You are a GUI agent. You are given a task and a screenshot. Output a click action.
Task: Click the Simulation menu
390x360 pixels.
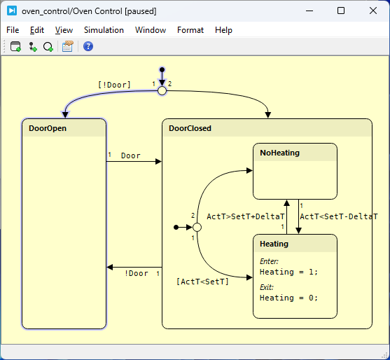(x=104, y=30)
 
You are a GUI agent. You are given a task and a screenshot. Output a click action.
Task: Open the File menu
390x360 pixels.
(x=13, y=30)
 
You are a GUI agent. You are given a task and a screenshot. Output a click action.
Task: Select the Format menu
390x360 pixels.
(x=190, y=30)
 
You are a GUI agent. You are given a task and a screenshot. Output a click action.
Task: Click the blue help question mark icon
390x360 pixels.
(x=88, y=46)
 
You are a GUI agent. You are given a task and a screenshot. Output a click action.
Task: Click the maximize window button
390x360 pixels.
(x=341, y=11)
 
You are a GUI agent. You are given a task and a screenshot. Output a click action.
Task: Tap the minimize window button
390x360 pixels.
(x=309, y=11)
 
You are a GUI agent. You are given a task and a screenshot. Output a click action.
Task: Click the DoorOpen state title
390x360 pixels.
(x=48, y=128)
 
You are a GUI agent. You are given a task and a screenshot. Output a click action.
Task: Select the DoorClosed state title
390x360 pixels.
(x=190, y=128)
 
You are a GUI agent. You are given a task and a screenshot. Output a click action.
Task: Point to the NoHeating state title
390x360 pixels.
(x=279, y=153)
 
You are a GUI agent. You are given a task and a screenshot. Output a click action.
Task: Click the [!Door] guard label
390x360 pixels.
(x=114, y=85)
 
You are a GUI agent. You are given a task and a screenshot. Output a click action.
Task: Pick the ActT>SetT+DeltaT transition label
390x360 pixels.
(x=246, y=216)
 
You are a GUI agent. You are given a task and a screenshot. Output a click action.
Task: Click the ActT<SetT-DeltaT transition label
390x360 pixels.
(x=339, y=216)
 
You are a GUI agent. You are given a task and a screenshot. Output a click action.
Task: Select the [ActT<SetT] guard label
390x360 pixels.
(x=202, y=282)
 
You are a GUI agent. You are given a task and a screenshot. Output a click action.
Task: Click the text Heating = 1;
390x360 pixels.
(x=288, y=272)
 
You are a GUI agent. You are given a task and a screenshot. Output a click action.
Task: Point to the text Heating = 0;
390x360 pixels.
(x=288, y=298)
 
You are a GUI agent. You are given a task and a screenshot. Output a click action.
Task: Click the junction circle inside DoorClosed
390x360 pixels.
(x=197, y=227)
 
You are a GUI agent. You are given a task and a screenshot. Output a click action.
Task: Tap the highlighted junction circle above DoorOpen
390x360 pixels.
(x=162, y=91)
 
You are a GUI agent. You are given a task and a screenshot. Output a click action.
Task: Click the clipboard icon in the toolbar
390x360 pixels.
(x=68, y=46)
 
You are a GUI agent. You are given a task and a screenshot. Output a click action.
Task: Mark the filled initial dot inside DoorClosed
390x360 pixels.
(x=176, y=227)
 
